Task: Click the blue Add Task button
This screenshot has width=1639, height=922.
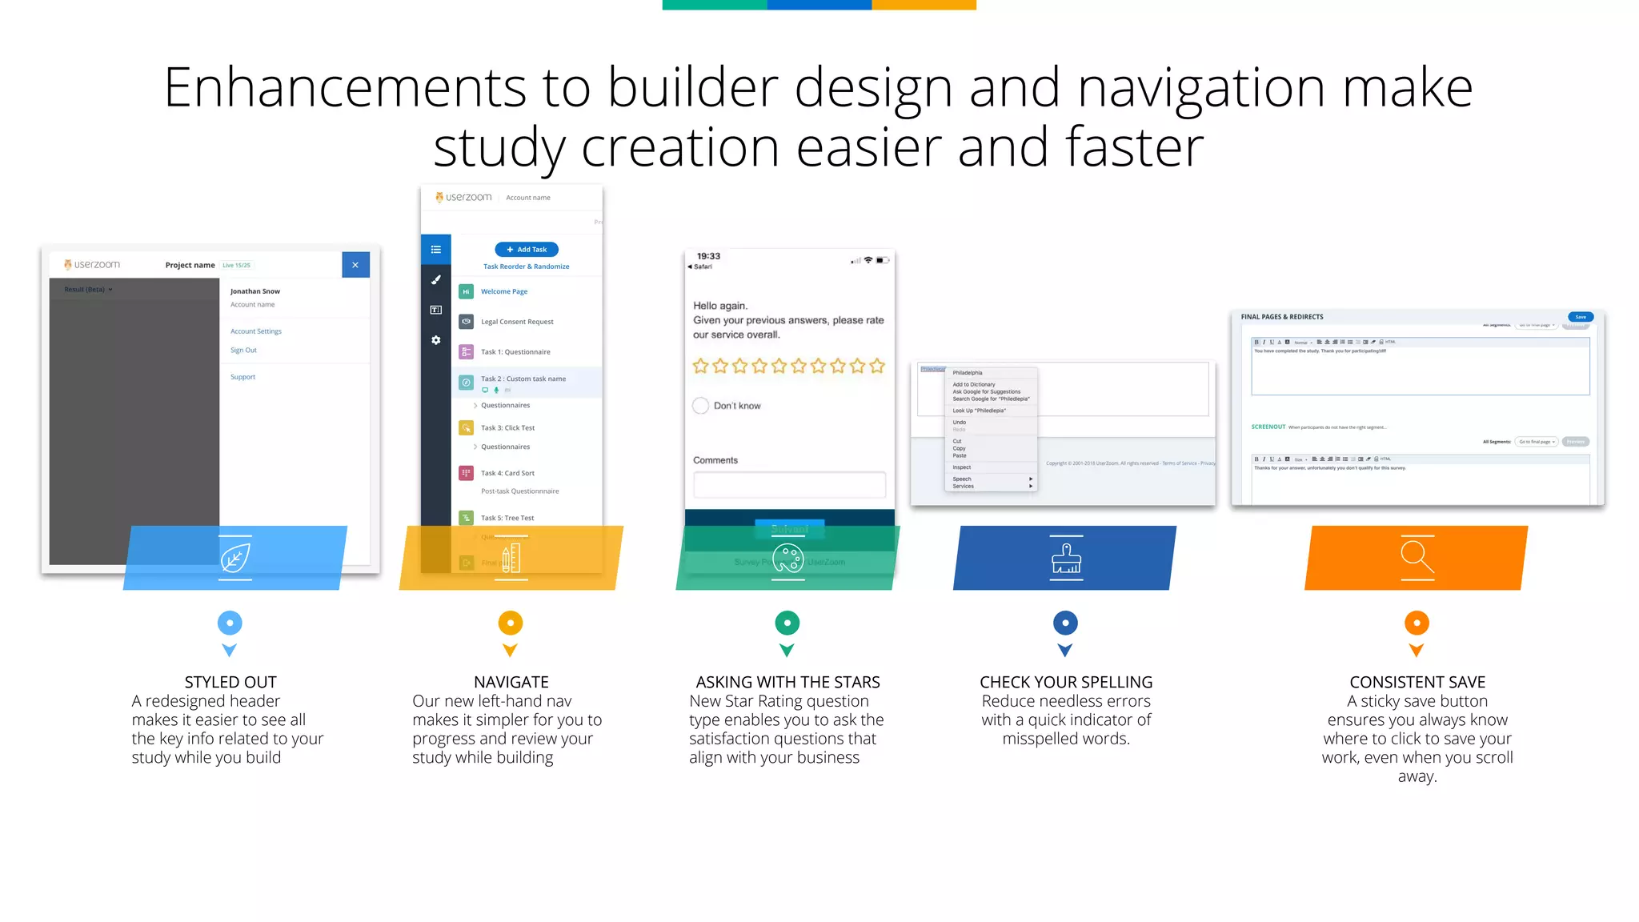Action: click(527, 250)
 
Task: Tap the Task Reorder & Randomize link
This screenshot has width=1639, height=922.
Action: click(526, 267)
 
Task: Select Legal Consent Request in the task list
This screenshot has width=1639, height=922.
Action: click(516, 322)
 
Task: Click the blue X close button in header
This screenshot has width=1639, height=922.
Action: click(355, 265)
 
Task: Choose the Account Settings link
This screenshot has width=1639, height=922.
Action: click(255, 331)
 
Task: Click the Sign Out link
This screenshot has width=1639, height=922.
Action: click(243, 351)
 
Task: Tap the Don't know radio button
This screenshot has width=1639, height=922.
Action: click(700, 406)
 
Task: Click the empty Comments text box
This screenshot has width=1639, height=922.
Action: click(788, 484)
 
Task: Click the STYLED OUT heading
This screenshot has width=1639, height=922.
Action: click(230, 682)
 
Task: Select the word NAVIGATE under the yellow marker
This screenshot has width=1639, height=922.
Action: click(511, 682)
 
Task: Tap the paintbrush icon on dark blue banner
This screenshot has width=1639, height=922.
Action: click(1066, 559)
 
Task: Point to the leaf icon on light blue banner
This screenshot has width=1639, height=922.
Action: click(234, 558)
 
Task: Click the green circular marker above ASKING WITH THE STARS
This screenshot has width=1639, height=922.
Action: click(787, 623)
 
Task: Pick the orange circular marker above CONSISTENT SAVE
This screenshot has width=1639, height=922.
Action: click(1417, 623)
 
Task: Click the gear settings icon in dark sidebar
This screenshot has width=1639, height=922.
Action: click(436, 340)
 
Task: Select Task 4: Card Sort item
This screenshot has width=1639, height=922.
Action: click(507, 473)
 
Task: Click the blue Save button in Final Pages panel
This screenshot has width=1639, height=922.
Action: click(1580, 317)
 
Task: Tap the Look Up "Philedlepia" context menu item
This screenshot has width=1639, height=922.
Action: click(979, 411)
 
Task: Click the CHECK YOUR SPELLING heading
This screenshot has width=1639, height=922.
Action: click(1066, 682)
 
